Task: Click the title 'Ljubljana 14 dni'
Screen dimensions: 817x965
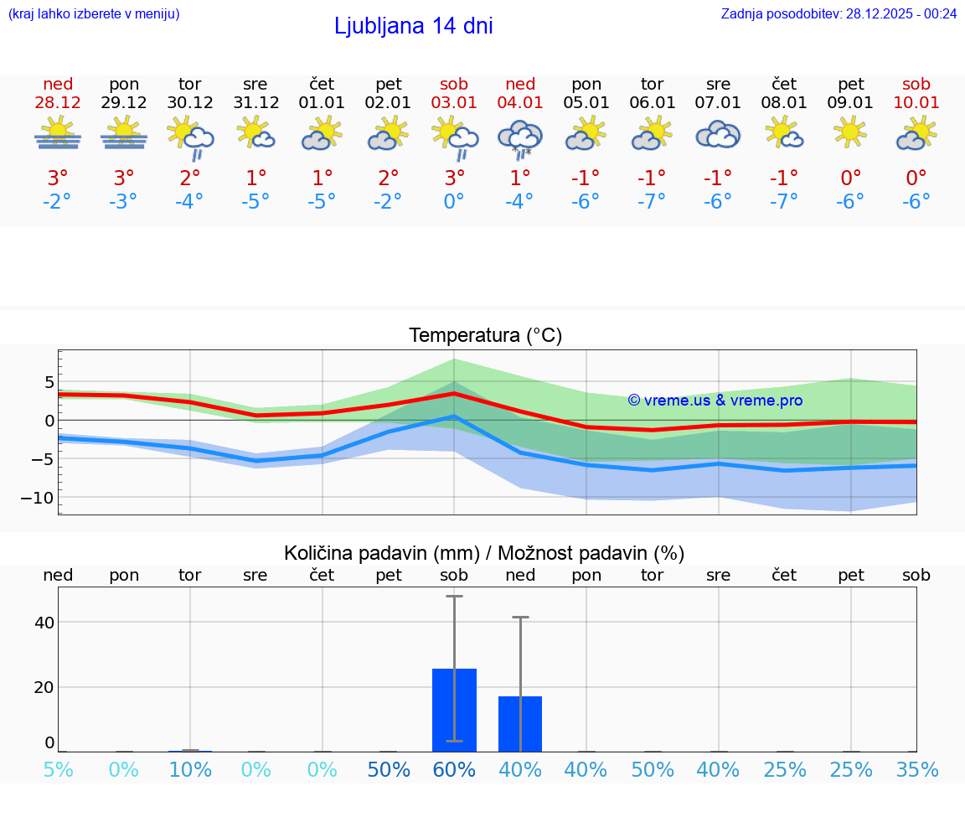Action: tap(413, 26)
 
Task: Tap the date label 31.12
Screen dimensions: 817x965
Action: tap(255, 103)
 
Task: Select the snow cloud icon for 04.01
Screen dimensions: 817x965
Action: tap(520, 138)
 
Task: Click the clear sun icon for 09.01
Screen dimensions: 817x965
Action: tap(850, 132)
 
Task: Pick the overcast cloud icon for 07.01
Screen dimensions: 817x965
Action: tap(718, 134)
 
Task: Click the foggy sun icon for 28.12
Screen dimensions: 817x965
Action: tap(58, 133)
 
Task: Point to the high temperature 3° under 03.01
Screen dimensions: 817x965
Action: tap(454, 178)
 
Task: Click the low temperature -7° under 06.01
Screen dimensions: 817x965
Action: tap(652, 202)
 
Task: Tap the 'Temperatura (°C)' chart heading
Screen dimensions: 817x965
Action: tap(485, 336)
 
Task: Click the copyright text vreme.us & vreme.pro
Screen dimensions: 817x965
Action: tap(715, 401)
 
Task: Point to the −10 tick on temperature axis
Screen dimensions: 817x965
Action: tap(36, 498)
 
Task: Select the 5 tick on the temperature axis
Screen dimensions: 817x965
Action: tap(49, 382)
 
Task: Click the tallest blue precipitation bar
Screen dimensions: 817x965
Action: tap(454, 710)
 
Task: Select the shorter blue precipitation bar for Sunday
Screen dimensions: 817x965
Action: tap(520, 724)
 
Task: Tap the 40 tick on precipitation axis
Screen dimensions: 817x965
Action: tap(44, 623)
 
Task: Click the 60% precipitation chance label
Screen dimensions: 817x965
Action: tap(454, 769)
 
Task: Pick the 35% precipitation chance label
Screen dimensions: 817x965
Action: tap(916, 769)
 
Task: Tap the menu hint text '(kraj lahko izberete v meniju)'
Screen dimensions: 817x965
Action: tap(93, 13)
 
